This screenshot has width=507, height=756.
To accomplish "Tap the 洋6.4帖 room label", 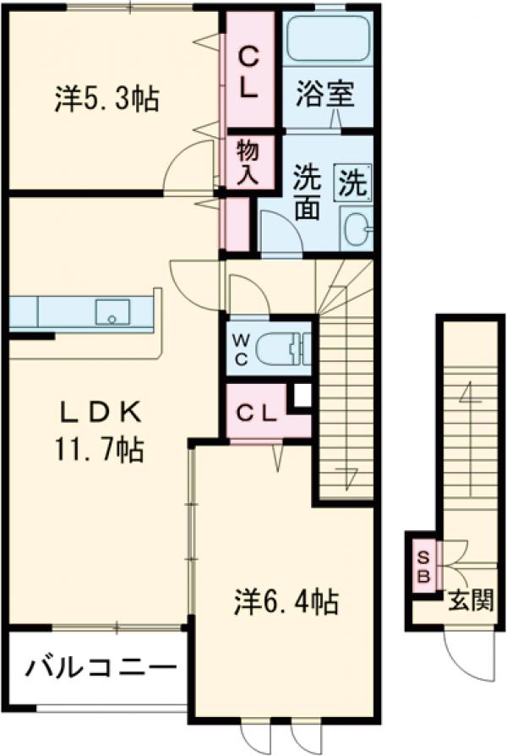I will (x=286, y=602).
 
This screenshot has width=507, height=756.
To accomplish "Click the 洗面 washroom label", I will (x=307, y=194).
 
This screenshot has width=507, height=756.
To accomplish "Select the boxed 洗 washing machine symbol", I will (x=353, y=180).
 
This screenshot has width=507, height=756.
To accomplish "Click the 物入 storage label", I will (x=247, y=163).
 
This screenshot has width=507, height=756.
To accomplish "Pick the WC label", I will (x=241, y=348).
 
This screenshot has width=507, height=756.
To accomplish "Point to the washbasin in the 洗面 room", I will (x=357, y=227).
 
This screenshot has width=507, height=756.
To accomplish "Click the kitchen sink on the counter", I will (x=112, y=311).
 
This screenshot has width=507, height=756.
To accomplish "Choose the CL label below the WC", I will (x=257, y=414).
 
